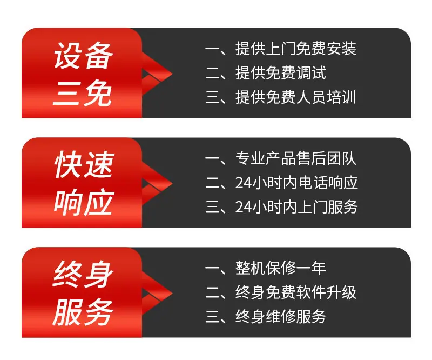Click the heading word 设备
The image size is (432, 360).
pyautogui.click(x=84, y=56)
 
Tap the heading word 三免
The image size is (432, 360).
pyautogui.click(x=83, y=94)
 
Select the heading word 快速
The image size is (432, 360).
pyautogui.click(x=84, y=165)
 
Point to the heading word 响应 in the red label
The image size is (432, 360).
pyautogui.click(x=84, y=203)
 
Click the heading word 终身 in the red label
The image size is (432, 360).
pyautogui.click(x=83, y=274)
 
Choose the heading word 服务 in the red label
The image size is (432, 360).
pyautogui.click(x=83, y=312)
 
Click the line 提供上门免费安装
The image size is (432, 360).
pyautogui.click(x=295, y=49)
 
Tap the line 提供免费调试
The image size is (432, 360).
pyautogui.click(x=280, y=73)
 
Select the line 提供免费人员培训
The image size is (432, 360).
pyautogui.click(x=295, y=97)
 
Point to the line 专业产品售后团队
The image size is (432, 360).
pyautogui.click(x=295, y=158)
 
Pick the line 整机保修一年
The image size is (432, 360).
pyautogui.click(x=280, y=268)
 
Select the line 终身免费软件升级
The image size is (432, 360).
pyautogui.click(x=295, y=292)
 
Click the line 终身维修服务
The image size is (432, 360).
pyautogui.click(x=280, y=316)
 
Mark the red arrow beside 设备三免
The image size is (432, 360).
pyautogui.click(x=157, y=74)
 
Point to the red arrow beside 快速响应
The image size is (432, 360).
pyautogui.click(x=157, y=183)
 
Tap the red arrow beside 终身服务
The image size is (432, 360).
pyautogui.click(x=157, y=293)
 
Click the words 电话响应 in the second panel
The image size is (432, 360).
pyautogui.click(x=328, y=183)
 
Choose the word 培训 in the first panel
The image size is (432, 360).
pyautogui.click(x=341, y=97)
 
